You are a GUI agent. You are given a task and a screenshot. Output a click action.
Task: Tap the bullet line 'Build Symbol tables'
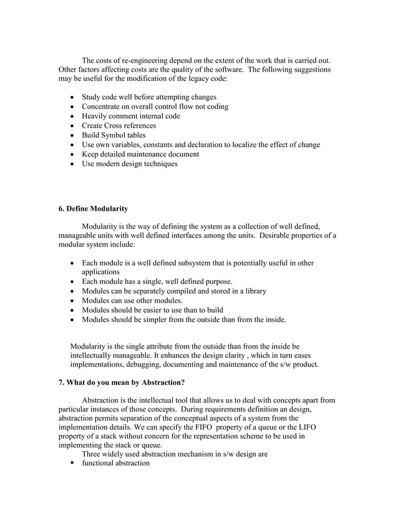tap(114, 135)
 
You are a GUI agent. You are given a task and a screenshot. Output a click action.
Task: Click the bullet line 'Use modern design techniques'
tap(130, 164)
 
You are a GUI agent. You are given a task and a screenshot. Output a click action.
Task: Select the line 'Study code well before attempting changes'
tap(149, 97)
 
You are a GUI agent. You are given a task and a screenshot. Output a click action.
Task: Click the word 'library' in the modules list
tap(254, 291)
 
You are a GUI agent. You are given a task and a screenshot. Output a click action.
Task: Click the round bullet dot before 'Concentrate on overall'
tap(75, 107)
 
